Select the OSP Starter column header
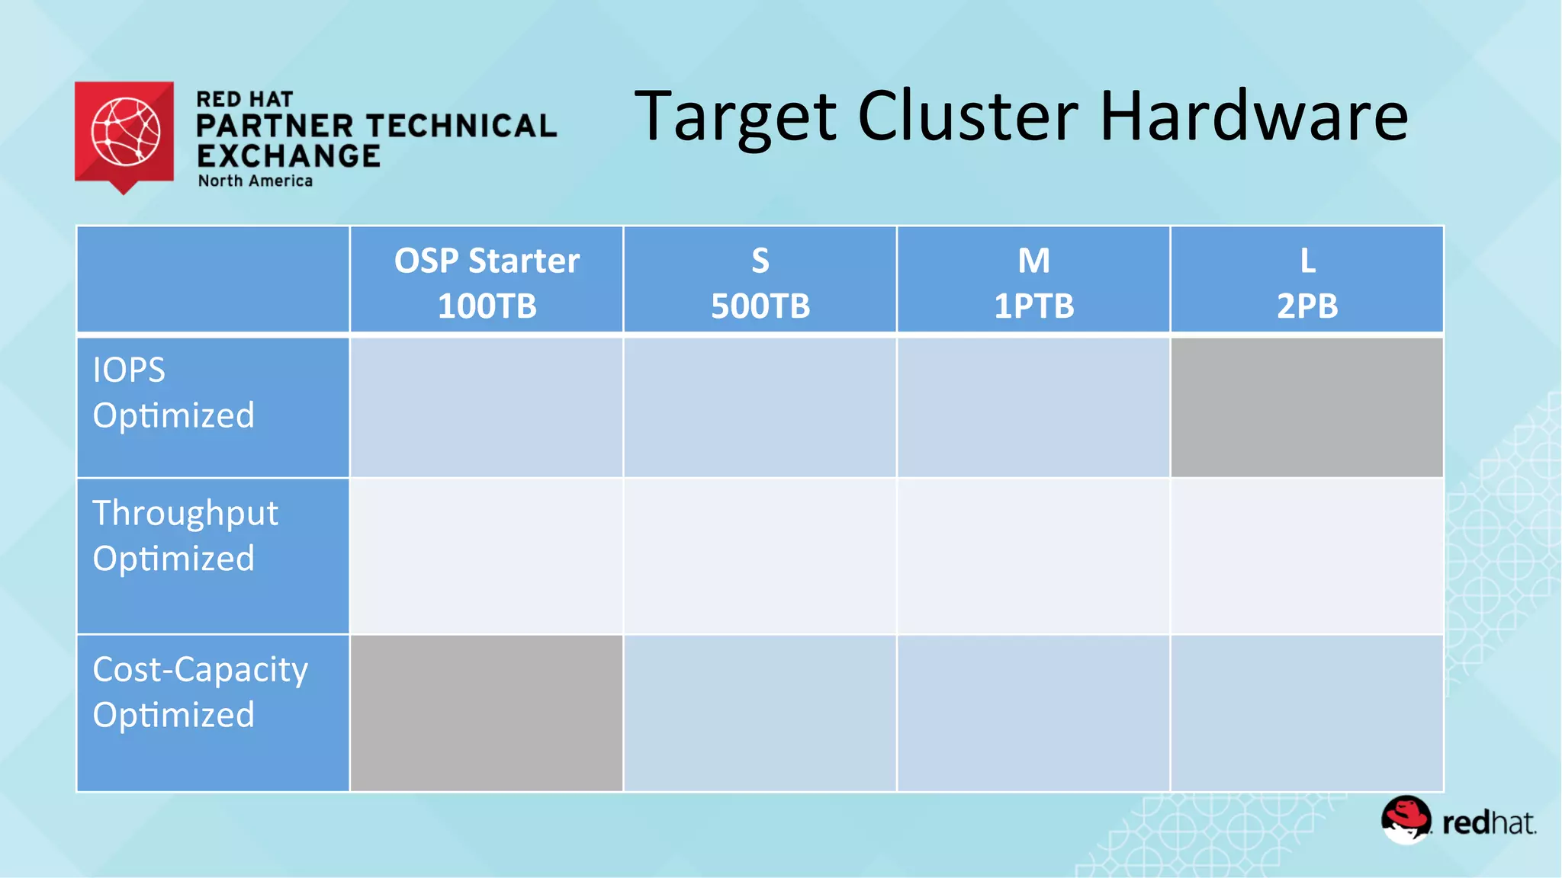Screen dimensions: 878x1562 coord(487,261)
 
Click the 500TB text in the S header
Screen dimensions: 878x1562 coord(760,306)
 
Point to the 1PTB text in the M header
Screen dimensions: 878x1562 coord(1033,306)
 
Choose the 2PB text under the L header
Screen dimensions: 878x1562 coord(1307,306)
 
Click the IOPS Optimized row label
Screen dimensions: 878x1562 coord(173,393)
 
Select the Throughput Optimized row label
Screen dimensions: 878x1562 coord(185,536)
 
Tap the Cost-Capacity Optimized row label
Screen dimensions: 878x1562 coord(200,692)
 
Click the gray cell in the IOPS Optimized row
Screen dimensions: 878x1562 coord(1307,407)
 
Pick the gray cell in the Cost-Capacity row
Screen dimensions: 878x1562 coord(487,713)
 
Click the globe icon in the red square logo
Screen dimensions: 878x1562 coord(126,131)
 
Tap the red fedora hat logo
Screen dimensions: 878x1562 coord(1406,819)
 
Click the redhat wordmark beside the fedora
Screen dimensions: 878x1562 coord(1488,823)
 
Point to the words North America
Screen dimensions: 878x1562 coord(256,181)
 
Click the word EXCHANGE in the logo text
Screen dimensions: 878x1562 coord(288,156)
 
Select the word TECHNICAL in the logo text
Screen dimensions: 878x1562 coord(462,127)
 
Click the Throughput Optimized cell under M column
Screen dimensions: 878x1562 coord(1033,556)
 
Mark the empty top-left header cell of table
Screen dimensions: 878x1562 coord(213,280)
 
